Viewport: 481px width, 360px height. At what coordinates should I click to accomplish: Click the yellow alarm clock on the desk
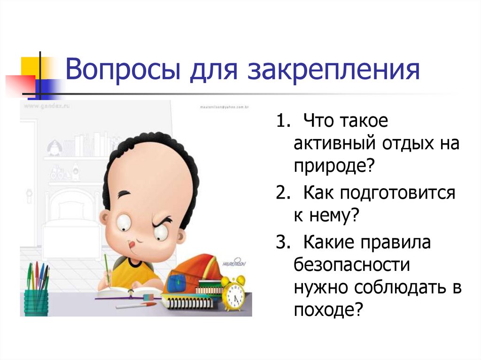point(233,293)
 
